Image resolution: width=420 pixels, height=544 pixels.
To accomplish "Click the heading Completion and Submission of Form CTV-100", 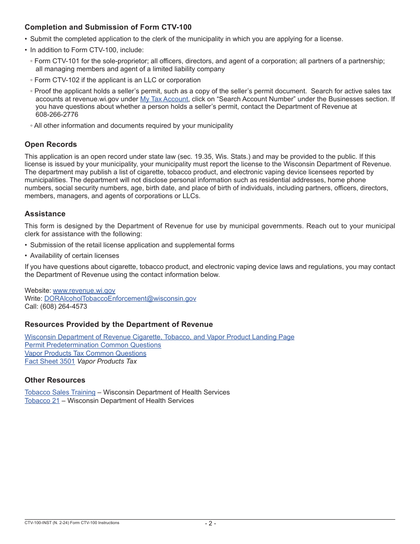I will [x=108, y=27].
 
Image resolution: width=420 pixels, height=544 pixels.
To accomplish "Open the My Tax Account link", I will [x=164, y=99].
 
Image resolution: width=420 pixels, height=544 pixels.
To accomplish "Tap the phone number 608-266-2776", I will [x=57, y=115].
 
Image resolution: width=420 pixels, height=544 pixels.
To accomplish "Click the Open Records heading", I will [x=50, y=145].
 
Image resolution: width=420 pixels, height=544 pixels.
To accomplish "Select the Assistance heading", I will [x=45, y=214].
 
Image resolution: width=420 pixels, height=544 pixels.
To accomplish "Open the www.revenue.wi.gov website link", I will [x=84, y=291].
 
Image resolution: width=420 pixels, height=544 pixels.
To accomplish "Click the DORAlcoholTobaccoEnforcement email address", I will [x=120, y=299].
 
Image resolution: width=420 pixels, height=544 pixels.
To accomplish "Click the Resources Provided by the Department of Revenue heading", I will [x=118, y=325].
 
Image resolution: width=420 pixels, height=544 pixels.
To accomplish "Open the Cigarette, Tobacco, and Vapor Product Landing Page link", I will [x=159, y=337].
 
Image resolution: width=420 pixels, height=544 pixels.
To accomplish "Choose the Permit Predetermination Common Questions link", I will [x=93, y=345].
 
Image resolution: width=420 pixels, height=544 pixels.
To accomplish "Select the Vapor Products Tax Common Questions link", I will [x=85, y=353].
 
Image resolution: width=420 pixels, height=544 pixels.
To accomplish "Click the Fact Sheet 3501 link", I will [x=50, y=361].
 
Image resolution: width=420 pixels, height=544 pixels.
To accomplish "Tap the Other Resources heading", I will [x=55, y=380].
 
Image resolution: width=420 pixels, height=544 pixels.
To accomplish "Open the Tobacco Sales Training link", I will [x=60, y=392].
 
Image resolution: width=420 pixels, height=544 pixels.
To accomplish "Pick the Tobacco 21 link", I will [x=42, y=401].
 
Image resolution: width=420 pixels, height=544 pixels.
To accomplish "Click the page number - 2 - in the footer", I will [x=210, y=524].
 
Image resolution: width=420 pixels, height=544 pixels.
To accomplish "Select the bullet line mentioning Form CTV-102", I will [x=117, y=80].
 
